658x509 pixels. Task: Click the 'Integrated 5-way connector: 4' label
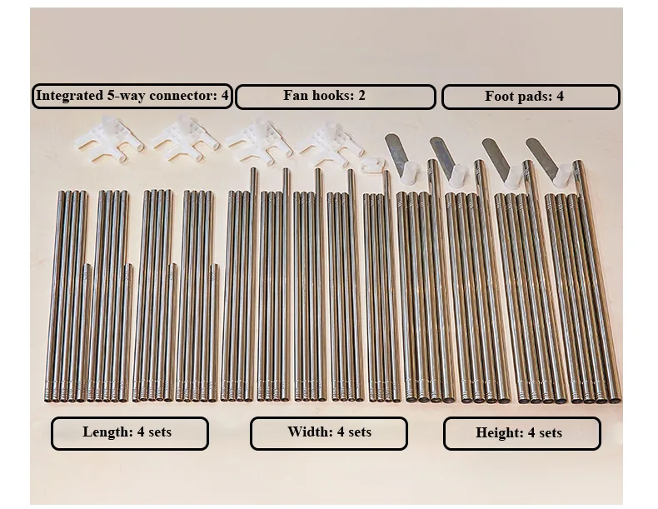click(x=132, y=96)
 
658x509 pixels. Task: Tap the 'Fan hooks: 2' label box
click(x=336, y=97)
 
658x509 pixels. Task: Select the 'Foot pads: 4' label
click(x=531, y=97)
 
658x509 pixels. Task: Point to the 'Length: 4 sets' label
click(x=130, y=433)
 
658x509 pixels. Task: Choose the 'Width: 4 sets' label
click(x=329, y=433)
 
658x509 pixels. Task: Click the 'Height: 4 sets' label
click(x=522, y=433)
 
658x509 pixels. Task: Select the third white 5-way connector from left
click(x=258, y=141)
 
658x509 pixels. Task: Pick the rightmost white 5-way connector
click(x=331, y=143)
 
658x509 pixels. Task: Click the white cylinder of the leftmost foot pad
click(x=410, y=172)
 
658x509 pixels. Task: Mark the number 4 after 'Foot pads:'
click(x=560, y=96)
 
